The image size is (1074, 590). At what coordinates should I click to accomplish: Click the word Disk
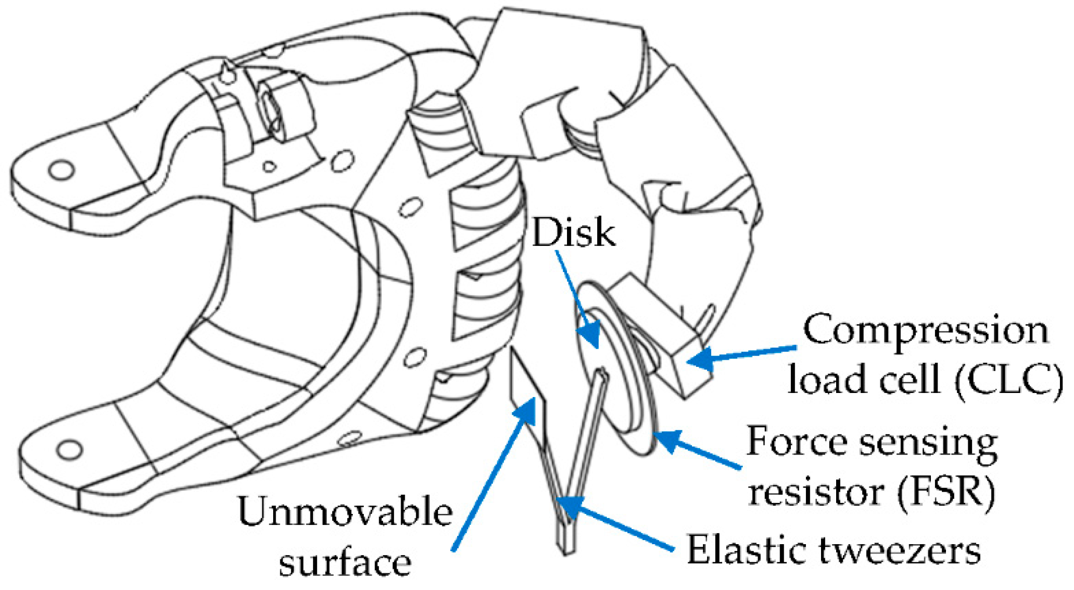573,233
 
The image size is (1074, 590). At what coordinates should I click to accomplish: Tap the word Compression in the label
925,330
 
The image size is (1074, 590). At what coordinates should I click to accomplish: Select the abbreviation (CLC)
1008,379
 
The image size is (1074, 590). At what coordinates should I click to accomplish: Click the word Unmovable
345,512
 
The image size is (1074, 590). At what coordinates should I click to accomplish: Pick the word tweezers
899,550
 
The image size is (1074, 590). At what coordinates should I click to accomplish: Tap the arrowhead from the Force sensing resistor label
668,440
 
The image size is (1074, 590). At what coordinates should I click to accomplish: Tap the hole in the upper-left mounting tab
61,170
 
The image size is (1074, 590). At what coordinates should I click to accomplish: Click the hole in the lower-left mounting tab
70,448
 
